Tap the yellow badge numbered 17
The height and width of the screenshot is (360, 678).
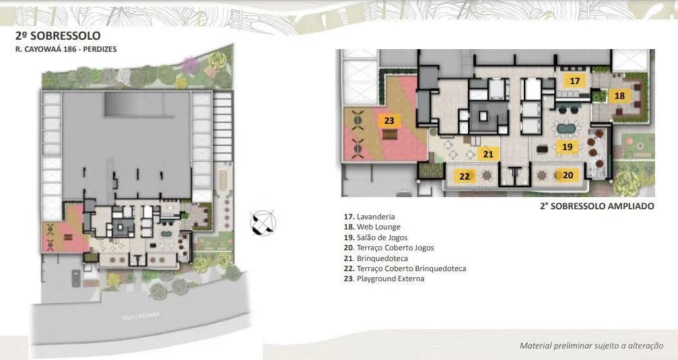point(574,81)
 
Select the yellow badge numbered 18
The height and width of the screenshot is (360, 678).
point(619,96)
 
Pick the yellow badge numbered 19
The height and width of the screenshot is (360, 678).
point(567,146)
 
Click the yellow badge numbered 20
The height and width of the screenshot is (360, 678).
point(568,175)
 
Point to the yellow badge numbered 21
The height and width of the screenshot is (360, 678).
point(488,154)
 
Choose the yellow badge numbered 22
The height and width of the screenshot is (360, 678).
point(464,176)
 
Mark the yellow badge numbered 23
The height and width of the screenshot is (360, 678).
point(389,121)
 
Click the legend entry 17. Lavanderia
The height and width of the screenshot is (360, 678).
point(369,217)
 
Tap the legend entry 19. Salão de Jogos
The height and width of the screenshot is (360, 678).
point(378,238)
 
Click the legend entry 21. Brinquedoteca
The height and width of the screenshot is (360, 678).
point(376,258)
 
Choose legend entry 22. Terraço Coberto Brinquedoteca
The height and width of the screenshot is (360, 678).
point(405,268)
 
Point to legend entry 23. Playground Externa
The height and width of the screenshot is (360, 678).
point(384,279)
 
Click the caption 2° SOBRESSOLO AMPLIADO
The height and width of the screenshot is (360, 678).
point(597,207)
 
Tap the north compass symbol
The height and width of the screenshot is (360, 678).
point(263,223)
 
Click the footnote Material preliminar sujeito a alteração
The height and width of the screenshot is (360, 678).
point(590,345)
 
